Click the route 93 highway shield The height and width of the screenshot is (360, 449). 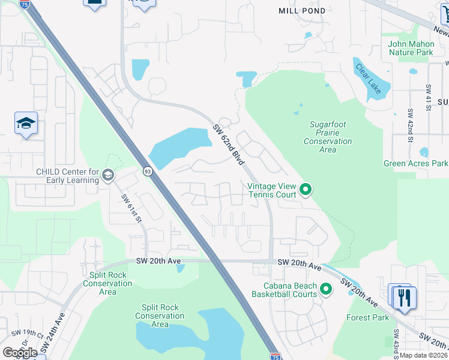point(148,172)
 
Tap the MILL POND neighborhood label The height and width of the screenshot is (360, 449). point(303,11)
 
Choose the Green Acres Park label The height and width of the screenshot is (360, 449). point(415,163)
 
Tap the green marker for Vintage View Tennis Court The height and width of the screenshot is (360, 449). point(306,190)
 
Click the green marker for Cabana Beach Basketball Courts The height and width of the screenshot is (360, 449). point(326,290)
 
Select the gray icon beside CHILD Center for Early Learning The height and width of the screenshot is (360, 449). point(108,175)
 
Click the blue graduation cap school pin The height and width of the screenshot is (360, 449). point(26,124)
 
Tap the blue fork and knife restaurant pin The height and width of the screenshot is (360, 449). point(405,297)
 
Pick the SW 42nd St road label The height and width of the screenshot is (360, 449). point(411,123)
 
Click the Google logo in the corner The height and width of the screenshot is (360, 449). point(20,352)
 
